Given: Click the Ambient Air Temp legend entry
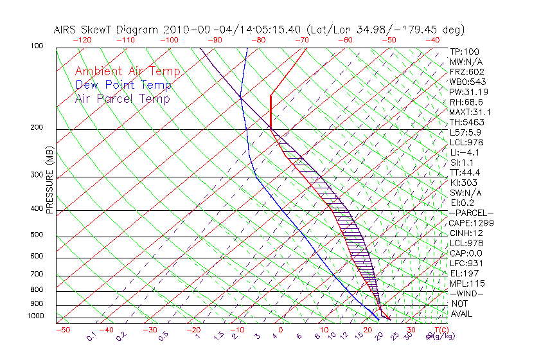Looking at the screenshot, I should coord(127,72).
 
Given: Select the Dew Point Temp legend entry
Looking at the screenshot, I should coord(123,85).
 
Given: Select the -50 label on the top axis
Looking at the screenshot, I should coord(388,40).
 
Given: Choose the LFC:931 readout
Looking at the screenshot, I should coord(466,264).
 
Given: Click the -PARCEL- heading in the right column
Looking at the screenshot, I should coord(471,213).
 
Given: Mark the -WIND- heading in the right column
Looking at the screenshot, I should coord(467,293).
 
